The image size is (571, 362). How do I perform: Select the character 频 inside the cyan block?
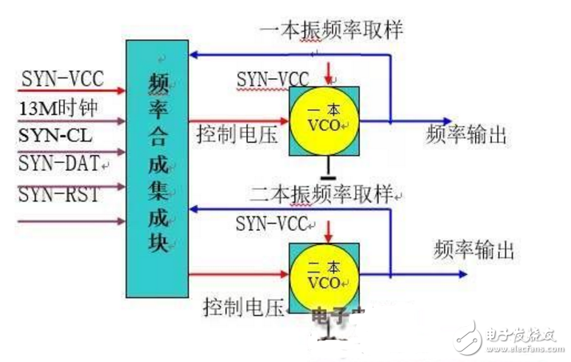(x=159, y=83)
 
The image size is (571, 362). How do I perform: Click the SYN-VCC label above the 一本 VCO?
(x=273, y=79)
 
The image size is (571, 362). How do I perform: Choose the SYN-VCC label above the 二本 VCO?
(x=273, y=225)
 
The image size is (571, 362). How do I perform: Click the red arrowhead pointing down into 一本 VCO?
(x=330, y=78)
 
